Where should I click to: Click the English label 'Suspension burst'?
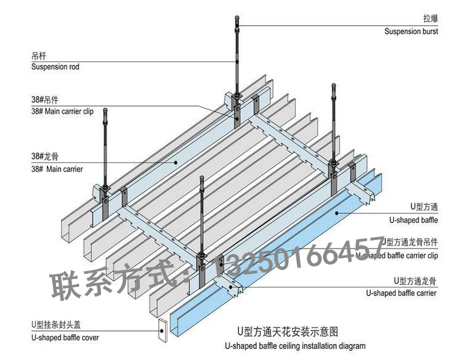tap(411, 31)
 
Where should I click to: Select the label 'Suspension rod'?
tap(55, 66)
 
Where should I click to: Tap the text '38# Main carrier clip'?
tap(62, 112)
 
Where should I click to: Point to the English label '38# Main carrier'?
tap(57, 169)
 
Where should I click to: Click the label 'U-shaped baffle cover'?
tap(65, 337)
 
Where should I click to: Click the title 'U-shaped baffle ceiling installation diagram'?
tap(295, 346)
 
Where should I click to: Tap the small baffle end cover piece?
tap(163, 330)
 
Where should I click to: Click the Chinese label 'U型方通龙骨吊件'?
tap(410, 242)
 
